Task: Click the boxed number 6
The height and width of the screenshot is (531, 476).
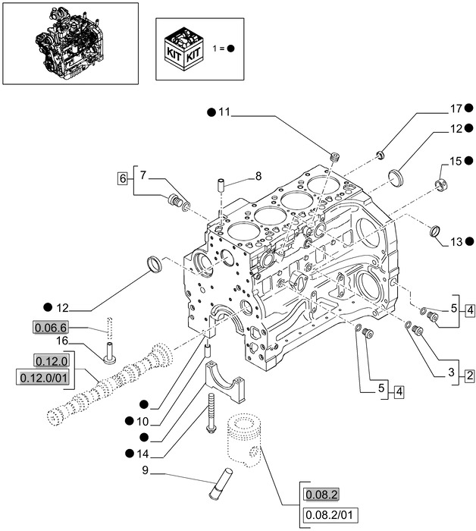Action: (x=122, y=179)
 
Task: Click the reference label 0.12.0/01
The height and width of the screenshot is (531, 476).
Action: (x=52, y=377)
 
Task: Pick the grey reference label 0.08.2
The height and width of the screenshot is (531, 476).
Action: (x=323, y=495)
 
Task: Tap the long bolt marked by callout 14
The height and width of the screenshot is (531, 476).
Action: (x=208, y=418)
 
